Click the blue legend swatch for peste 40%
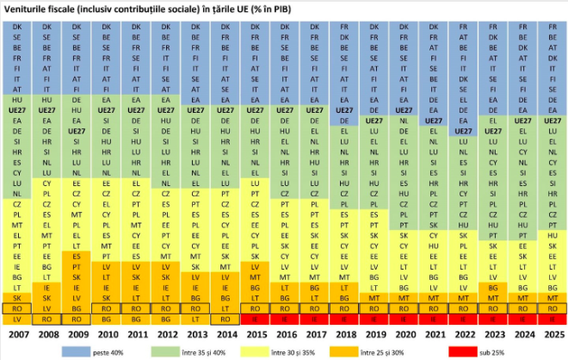coord(83,351)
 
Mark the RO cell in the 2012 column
coord(166,307)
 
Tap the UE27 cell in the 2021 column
coord(433,121)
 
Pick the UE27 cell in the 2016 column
coord(285,110)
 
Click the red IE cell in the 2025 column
coord(552,319)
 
